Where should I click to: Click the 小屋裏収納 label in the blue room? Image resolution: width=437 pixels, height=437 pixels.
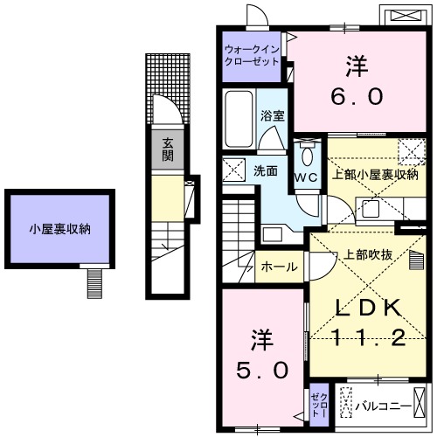tap(59, 230)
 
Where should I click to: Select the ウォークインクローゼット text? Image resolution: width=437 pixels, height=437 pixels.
tap(252, 56)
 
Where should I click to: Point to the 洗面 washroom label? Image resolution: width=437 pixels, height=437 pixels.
tap(267, 171)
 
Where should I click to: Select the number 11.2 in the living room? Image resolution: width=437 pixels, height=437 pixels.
tap(368, 337)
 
